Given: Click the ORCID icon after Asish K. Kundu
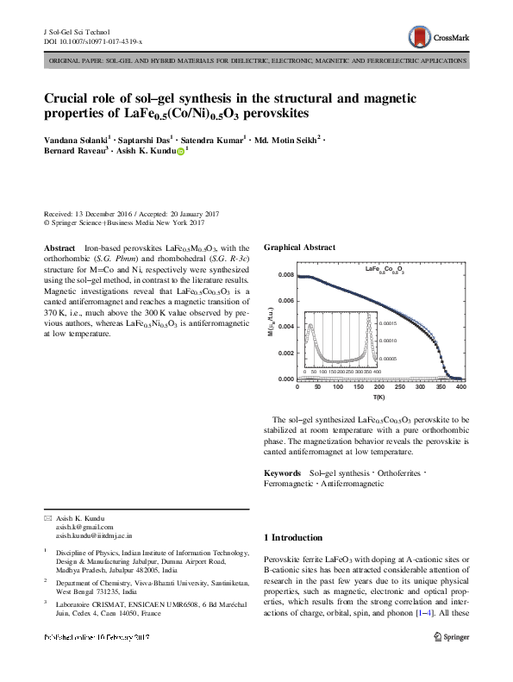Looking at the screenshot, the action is click(180, 150).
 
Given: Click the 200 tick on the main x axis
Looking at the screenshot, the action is click(378, 387).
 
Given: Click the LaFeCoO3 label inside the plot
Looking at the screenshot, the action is click(385, 271).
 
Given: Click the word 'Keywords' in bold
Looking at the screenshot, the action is click(282, 473).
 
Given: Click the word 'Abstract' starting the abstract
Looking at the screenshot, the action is click(59, 247).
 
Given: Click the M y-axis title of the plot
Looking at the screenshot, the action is click(270, 326).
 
